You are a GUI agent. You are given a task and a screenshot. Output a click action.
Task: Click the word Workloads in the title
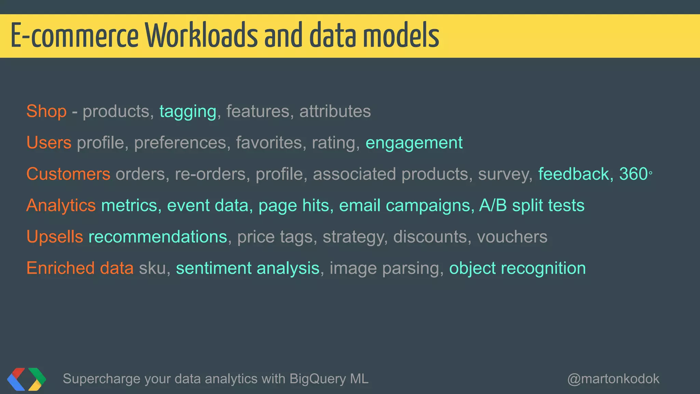coord(202,36)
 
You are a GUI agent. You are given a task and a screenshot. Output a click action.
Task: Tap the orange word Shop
coord(46,111)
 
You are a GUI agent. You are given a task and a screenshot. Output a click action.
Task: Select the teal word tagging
coord(188,112)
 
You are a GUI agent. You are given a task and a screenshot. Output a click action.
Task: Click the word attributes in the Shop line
coord(335,111)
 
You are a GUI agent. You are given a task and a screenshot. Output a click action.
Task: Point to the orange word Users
coord(49,143)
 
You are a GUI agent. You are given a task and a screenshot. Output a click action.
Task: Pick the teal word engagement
coord(414,143)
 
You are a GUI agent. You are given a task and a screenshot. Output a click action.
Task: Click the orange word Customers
coord(68,174)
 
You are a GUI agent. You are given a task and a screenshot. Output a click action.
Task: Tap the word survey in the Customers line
coord(505,174)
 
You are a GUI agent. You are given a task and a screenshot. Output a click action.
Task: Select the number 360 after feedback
coord(633,174)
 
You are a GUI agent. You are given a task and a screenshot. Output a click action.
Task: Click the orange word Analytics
coord(61,206)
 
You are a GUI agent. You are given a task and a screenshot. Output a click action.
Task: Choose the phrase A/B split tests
coord(531,206)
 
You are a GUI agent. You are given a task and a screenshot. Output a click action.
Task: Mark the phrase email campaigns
coord(406,206)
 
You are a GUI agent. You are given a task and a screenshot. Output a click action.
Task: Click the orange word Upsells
coord(55,237)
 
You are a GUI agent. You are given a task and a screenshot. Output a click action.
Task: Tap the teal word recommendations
coord(158,237)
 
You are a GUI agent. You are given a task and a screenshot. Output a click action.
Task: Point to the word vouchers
coord(512,237)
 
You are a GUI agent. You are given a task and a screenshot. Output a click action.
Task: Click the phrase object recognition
coord(517,268)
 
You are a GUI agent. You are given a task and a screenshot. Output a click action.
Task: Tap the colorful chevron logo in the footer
coord(26,379)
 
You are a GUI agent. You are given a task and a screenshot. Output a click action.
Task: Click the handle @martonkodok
coord(613,379)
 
